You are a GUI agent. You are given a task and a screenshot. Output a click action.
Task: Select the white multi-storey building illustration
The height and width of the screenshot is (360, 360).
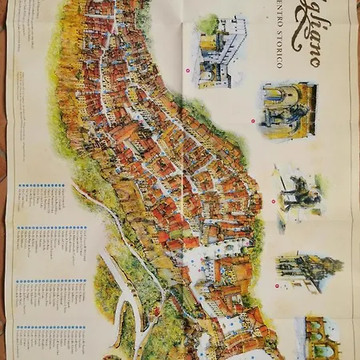pos(217,54)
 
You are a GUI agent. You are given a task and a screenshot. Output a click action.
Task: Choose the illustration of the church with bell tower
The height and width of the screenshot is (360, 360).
pos(308,272)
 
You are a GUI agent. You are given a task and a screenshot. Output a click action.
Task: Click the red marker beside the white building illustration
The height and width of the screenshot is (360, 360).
pos(187,70)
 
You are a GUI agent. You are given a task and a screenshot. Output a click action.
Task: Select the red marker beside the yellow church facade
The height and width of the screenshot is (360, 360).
pos(253,122)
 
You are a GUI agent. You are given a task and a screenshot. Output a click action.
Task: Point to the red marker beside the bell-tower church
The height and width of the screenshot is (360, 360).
pos(277,285)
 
